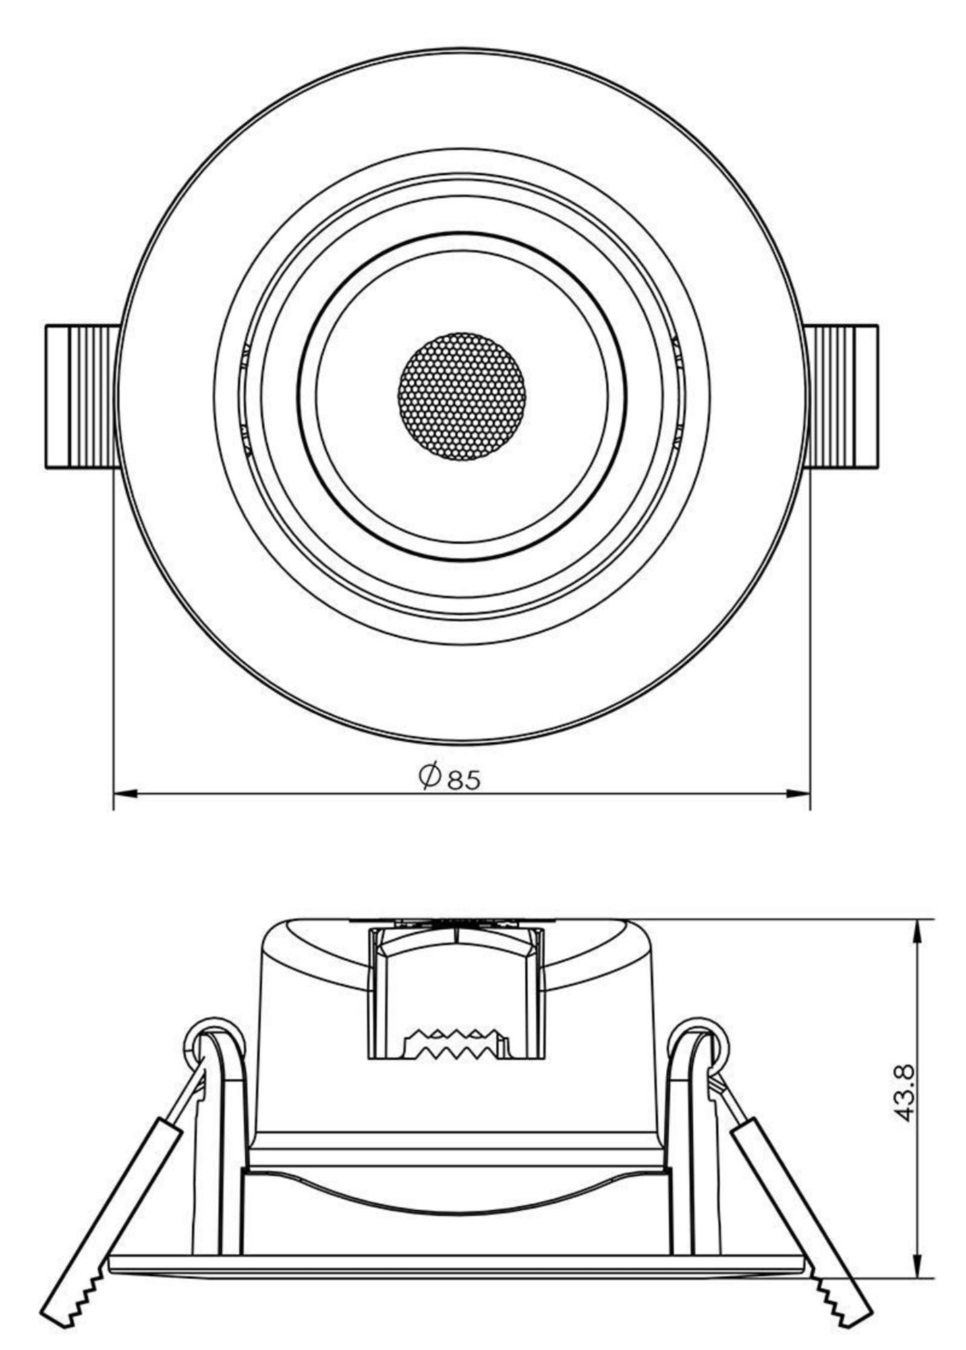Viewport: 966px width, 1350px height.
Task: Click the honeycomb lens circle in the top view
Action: coord(462,396)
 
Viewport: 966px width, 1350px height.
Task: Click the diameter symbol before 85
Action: coord(429,776)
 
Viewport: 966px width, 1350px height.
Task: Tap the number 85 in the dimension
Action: coord(465,780)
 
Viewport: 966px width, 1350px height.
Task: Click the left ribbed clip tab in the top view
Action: coord(81,397)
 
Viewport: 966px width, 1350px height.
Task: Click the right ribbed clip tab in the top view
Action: coord(843,397)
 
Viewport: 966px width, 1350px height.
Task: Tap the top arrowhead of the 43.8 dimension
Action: coord(917,932)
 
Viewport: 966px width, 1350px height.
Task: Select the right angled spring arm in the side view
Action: coord(796,1208)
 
